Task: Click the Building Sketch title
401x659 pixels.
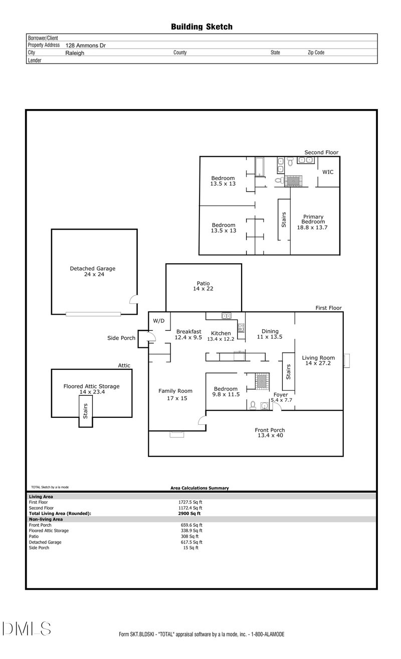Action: (202, 27)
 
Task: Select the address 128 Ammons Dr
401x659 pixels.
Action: (86, 45)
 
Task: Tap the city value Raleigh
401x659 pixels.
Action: (75, 53)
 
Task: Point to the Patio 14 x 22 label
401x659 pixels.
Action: (203, 286)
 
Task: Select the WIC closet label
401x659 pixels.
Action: (328, 172)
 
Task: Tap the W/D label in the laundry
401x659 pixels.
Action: (159, 321)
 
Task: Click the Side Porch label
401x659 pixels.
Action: (121, 338)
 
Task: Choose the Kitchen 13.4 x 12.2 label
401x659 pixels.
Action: (221, 336)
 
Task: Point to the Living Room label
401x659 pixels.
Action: (318, 360)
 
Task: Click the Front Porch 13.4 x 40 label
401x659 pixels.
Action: (270, 433)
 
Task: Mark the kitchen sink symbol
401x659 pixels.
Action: (226, 316)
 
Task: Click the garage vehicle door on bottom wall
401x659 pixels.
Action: (93, 314)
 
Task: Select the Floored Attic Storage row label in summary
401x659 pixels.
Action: (49, 530)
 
